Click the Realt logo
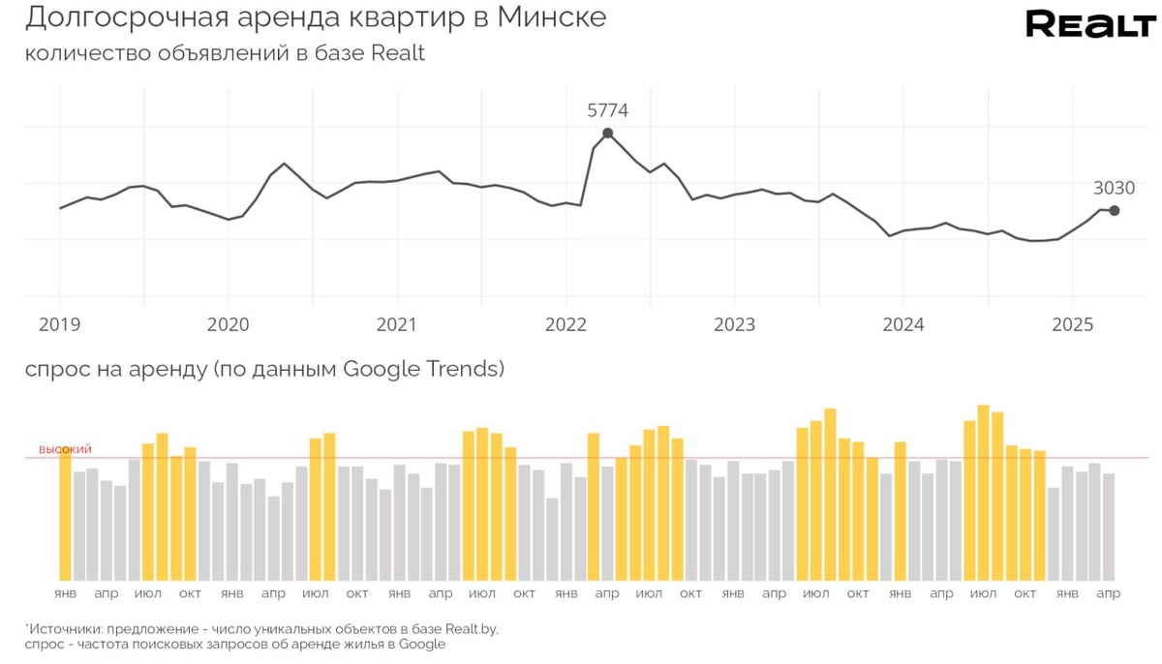[1090, 24]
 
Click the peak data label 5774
[607, 110]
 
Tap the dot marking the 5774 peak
[607, 134]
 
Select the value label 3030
[1114, 188]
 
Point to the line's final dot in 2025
[1115, 211]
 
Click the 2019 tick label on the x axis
[59, 324]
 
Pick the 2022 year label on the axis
[566, 324]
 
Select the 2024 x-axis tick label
[902, 324]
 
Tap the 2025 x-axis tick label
[1071, 324]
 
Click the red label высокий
[65, 449]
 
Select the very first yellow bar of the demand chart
[65, 515]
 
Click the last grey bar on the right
[1109, 527]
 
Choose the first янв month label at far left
[65, 592]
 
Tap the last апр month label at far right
[1109, 592]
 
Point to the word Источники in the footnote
[62, 628]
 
